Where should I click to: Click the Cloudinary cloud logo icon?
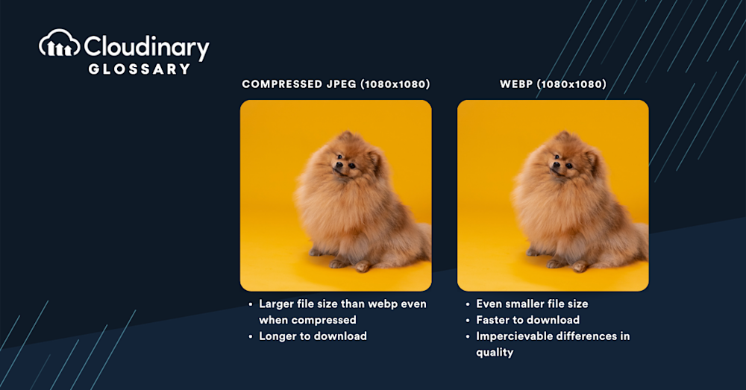pos(60,43)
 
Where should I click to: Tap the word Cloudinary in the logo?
pos(146,47)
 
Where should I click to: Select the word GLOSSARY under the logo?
pos(140,69)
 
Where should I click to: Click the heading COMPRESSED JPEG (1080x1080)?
pos(336,84)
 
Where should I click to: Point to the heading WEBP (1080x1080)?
pos(553,84)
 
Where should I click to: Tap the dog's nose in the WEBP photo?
pos(555,165)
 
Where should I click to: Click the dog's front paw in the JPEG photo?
pos(363,265)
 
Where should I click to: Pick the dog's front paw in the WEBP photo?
pos(580,265)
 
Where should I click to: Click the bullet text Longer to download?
pos(313,336)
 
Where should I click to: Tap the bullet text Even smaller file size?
pos(532,304)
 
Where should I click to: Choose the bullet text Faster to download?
pos(527,320)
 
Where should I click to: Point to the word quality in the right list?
pos(495,353)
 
